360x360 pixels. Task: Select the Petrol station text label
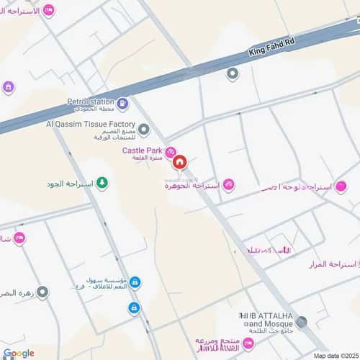coord(91,102)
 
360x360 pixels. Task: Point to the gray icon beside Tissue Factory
coord(144,130)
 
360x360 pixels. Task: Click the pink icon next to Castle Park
coord(171,151)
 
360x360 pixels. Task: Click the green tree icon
coord(102,184)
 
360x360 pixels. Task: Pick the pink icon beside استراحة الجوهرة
coord(228,185)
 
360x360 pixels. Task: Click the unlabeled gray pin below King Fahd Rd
coord(232,73)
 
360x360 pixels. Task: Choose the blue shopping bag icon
coord(135,282)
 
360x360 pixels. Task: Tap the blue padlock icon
coord(134,307)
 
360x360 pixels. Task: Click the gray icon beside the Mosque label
coord(301,321)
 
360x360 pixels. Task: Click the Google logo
coord(19,353)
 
